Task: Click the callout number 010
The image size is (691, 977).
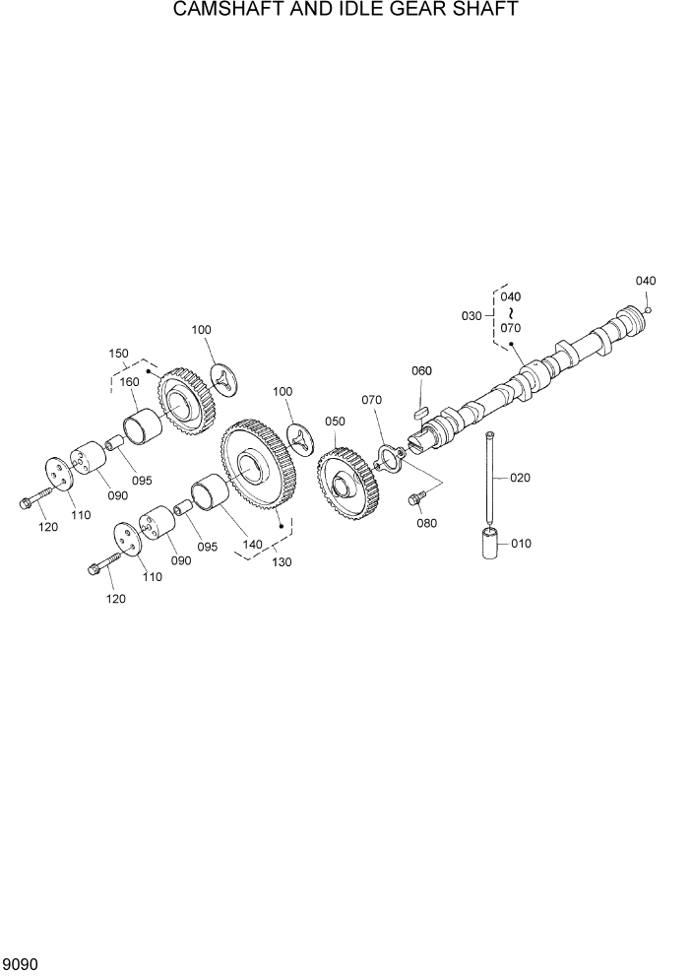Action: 521,543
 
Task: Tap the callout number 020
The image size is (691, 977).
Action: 520,478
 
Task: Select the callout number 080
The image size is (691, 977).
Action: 426,523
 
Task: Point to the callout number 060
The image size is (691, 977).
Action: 421,371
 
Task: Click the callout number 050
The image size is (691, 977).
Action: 335,422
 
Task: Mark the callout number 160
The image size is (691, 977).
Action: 130,382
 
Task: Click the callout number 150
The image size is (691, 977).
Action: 119,353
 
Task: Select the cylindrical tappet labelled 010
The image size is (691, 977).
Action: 492,545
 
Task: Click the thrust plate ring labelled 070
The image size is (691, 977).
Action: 391,458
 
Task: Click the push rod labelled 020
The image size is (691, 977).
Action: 489,483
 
